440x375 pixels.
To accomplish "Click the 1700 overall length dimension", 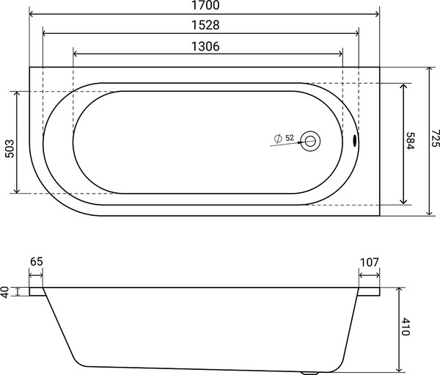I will coord(205,6).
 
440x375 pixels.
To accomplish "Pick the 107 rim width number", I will coord(369,262).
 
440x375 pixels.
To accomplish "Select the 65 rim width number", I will coord(37,262).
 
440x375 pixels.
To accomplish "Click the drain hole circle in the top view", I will coord(311,141).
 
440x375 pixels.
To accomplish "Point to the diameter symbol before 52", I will coord(278,138).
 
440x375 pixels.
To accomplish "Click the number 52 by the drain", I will coord(290,138).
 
